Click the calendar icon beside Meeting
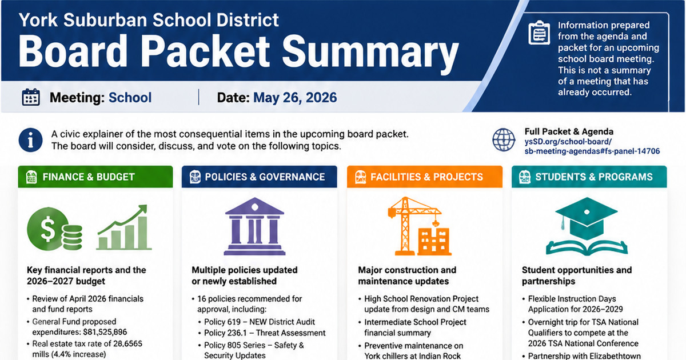coord(31,97)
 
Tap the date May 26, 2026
coord(295,98)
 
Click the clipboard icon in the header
coord(539,33)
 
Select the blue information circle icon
coord(30,140)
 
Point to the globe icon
coord(504,140)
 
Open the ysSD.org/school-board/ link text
coord(568,142)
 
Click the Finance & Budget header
coord(95,177)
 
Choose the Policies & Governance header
coord(259,177)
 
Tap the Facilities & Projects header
coord(424,177)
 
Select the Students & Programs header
coord(589,177)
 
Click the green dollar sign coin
coord(47,229)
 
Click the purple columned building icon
coord(254,226)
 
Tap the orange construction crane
coord(410,226)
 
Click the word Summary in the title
coord(370,51)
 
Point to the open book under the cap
coord(587,247)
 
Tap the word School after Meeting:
coord(130,98)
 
